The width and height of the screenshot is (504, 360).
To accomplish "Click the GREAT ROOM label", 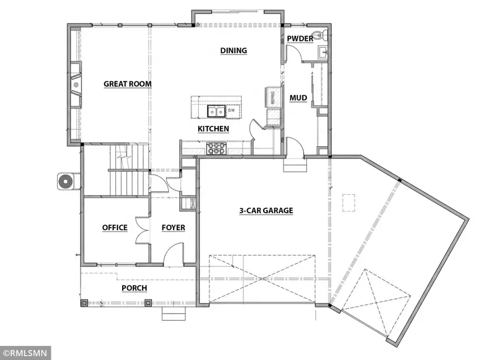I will click(128, 84).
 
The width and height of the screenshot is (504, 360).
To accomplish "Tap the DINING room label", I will click(234, 50).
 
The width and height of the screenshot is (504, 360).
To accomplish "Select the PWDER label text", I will click(300, 38).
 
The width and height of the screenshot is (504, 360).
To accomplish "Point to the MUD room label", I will click(298, 98).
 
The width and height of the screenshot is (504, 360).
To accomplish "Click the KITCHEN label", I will click(213, 129).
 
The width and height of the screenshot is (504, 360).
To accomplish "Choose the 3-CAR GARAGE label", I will click(267, 211).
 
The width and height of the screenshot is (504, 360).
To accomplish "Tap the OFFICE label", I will click(115, 228).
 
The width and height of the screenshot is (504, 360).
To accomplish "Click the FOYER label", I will click(173, 228).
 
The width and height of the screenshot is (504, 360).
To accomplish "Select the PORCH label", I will click(134, 288).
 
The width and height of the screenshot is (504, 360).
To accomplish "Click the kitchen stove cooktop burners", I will click(216, 149).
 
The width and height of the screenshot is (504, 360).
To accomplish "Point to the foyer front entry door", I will click(175, 253).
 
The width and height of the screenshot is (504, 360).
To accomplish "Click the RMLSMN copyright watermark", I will click(25, 353).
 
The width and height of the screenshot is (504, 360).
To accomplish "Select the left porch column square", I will click(85, 303).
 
